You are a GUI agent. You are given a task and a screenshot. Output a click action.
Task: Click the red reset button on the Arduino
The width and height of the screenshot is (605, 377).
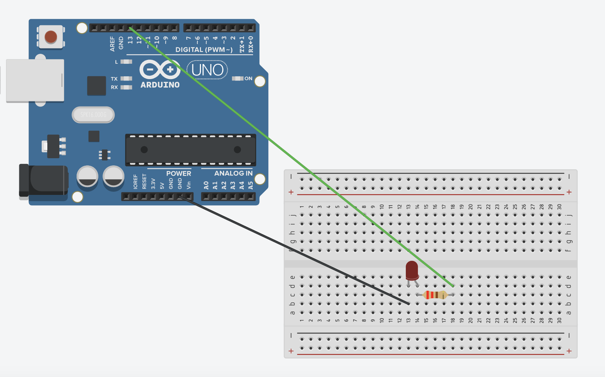[51, 36]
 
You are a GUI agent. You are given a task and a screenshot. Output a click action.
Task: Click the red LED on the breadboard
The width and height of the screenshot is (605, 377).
[412, 270]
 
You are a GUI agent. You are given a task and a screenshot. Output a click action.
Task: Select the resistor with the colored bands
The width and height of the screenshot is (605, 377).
[435, 295]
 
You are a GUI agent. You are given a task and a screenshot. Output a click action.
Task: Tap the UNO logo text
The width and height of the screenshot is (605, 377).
[207, 70]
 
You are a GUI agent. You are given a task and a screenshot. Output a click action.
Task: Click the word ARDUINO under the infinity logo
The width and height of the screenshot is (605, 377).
[160, 85]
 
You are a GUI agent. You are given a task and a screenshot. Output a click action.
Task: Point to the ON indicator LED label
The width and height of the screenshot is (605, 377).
[248, 78]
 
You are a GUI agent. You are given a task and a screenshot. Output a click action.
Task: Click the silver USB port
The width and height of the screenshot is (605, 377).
[35, 81]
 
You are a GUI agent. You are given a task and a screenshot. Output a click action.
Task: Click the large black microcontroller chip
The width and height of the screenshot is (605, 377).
[191, 150]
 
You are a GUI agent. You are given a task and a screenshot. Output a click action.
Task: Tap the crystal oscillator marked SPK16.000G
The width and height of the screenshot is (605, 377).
[93, 115]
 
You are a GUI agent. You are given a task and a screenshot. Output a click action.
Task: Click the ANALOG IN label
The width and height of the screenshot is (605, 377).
[233, 174]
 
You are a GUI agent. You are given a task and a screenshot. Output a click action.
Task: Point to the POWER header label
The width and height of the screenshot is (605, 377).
[179, 174]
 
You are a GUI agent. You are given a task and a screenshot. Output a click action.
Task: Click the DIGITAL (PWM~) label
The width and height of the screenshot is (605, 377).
[204, 50]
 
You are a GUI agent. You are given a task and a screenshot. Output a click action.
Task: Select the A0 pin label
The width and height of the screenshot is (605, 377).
[206, 185]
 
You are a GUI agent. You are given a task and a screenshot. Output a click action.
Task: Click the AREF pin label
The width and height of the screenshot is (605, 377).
[113, 44]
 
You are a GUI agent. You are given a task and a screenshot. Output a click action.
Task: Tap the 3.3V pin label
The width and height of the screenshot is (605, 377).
[153, 184]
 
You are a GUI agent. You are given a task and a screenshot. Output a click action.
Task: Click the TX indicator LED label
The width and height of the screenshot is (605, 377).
[114, 79]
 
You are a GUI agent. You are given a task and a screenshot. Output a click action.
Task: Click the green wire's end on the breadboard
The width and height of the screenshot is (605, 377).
[453, 286]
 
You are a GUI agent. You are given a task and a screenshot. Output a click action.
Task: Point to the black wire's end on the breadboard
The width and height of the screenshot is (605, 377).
[408, 304]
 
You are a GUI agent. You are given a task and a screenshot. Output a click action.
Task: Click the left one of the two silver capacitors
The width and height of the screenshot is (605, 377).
[87, 176]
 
